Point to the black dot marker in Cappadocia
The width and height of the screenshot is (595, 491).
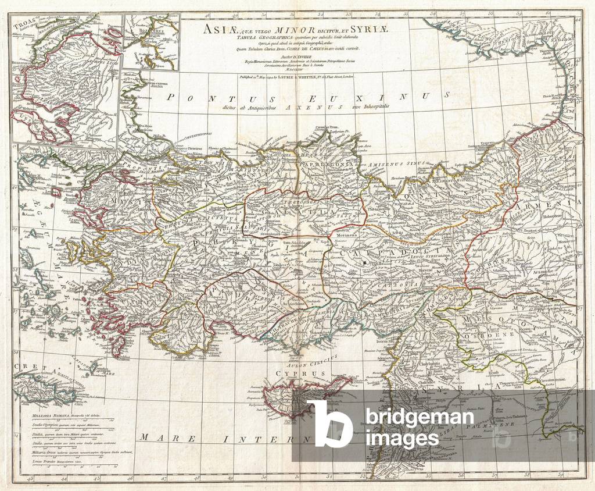point(364,263)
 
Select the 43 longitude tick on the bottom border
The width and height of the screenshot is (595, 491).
point(30,479)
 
